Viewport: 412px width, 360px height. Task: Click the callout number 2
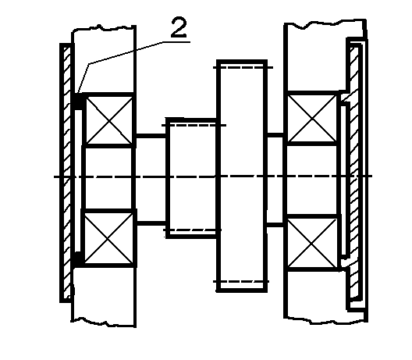tap(179, 27)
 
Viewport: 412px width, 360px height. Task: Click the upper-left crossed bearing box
tap(109, 120)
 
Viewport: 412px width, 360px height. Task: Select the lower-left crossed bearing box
tap(108, 238)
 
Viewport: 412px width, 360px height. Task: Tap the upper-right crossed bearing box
tap(312, 119)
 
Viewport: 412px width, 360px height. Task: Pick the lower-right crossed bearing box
tap(312, 243)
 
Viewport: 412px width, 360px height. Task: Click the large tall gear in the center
tap(242, 176)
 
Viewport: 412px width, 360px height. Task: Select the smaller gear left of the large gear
tap(191, 178)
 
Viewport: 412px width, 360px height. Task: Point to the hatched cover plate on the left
tap(67, 173)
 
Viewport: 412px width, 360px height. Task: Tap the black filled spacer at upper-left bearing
tap(78, 102)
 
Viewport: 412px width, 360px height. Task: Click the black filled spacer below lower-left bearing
tap(78, 259)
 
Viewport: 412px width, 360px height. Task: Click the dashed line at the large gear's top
tap(243, 68)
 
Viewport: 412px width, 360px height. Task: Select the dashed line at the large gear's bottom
tap(241, 282)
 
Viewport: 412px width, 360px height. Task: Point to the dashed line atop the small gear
tap(194, 125)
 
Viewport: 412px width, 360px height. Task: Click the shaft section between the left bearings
tap(108, 178)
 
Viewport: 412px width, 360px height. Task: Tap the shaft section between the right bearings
tap(312, 180)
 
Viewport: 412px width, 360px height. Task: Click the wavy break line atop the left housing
tap(104, 27)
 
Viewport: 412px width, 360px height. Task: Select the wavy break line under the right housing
tap(326, 319)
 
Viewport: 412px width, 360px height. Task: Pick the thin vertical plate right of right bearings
tap(344, 180)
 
